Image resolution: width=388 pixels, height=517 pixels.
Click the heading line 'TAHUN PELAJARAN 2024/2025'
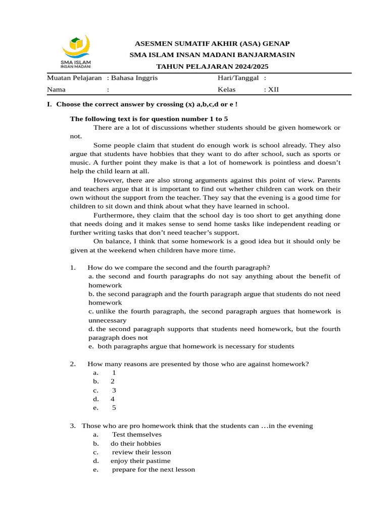tap(212, 67)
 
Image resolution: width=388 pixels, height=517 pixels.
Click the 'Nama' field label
tap(57, 90)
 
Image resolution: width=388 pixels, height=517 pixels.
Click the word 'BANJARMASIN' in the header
tap(267, 55)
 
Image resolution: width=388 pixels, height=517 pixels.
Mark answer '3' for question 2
tap(114, 390)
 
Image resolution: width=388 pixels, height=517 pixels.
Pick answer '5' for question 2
tap(114, 407)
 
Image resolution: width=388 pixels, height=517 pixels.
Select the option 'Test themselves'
tap(137, 434)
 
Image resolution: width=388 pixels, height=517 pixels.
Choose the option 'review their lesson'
tap(141, 452)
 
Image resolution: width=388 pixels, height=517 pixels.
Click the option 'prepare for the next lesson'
tap(153, 469)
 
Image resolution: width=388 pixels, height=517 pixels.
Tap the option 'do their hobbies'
tap(136, 443)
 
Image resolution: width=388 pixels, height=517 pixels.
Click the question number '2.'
tap(73, 364)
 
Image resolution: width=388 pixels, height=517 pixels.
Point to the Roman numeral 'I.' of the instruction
tap(49, 104)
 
